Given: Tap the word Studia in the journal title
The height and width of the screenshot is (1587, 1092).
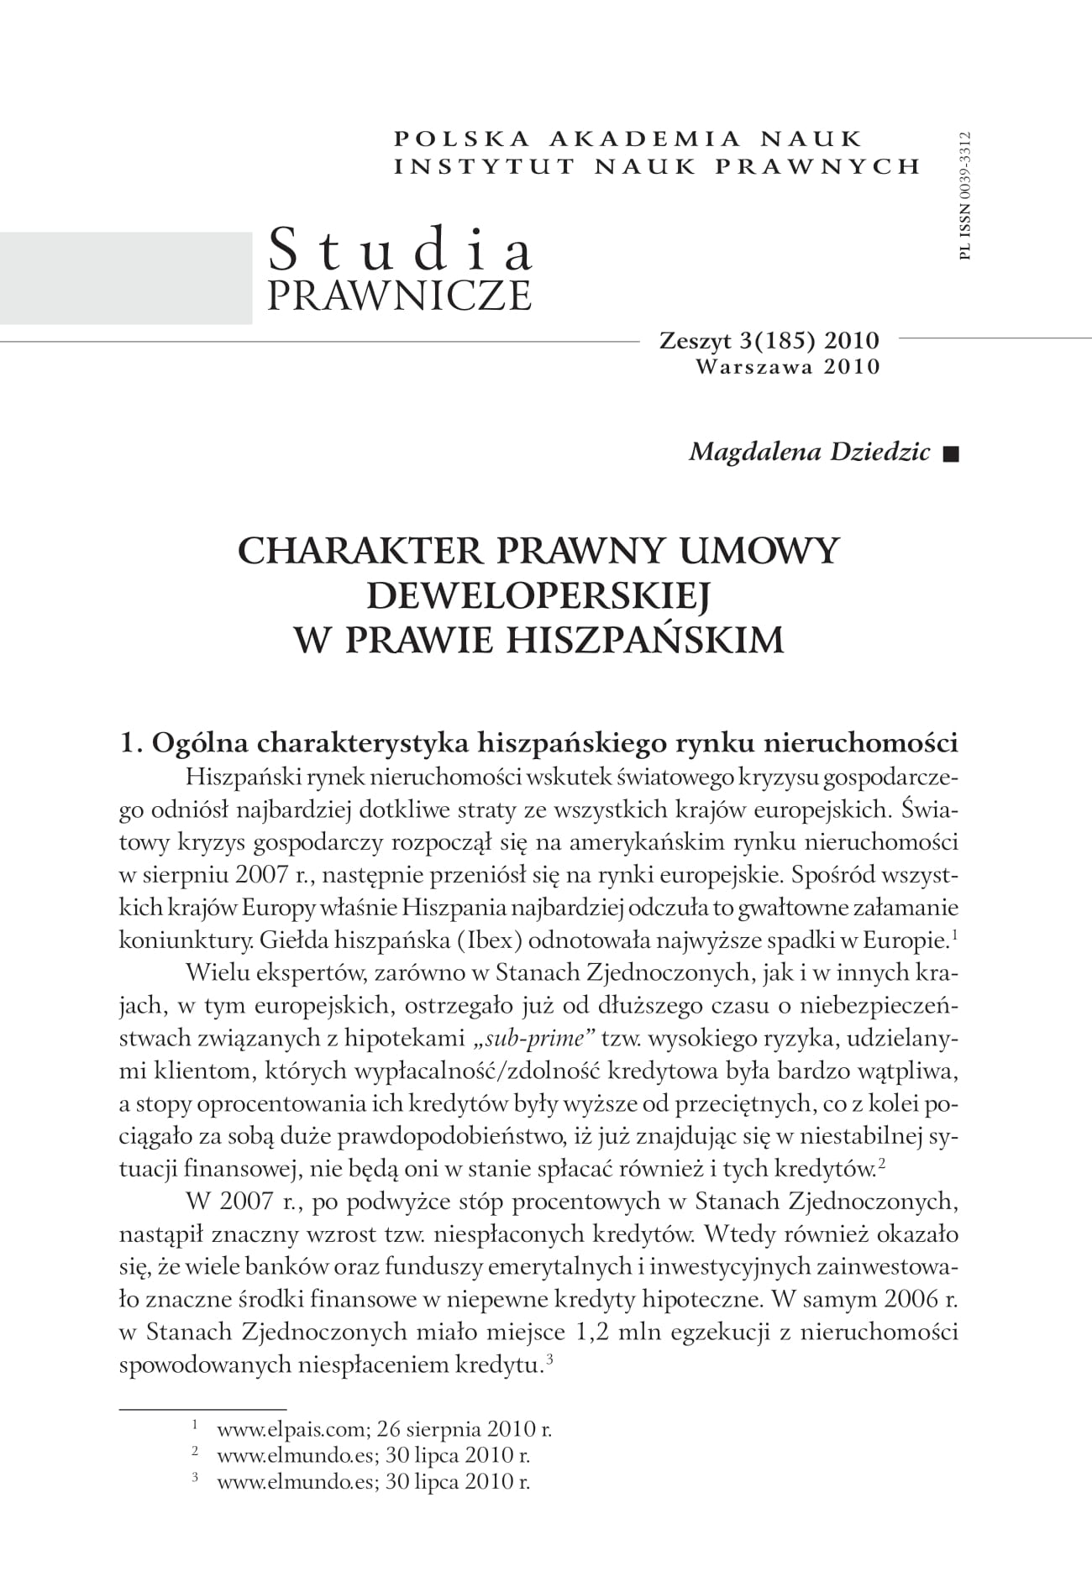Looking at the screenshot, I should pyautogui.click(x=400, y=250).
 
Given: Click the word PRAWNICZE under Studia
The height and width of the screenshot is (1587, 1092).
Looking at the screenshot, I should pyautogui.click(x=400, y=296).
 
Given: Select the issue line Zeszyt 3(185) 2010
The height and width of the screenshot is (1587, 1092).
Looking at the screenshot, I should pyautogui.click(x=769, y=341).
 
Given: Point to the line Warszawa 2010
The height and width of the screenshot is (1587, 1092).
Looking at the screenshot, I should pyautogui.click(x=787, y=366).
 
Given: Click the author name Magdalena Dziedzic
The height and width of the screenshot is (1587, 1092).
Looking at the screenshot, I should pyautogui.click(x=809, y=452).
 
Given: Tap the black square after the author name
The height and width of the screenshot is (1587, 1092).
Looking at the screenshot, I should pyautogui.click(x=950, y=454).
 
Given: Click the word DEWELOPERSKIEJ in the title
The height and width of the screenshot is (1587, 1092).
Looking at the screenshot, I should pyautogui.click(x=538, y=595).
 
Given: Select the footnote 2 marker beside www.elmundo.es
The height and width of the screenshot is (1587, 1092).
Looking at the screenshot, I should pyautogui.click(x=195, y=1452).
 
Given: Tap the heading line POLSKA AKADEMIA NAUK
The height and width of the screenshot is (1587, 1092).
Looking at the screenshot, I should pyautogui.click(x=627, y=138).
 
